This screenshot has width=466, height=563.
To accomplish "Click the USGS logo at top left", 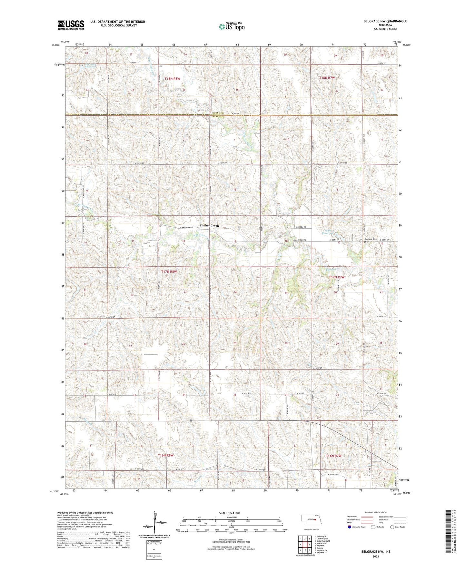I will (71, 25).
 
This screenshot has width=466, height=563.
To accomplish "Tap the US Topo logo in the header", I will (232, 26).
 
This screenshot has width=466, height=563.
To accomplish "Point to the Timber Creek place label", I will (209, 226).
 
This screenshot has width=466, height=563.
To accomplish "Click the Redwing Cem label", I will (371, 239).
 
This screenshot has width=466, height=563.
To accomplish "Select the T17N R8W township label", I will (169, 272).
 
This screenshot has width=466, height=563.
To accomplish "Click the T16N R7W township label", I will (333, 456).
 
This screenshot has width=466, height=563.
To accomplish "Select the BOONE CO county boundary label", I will (218, 114).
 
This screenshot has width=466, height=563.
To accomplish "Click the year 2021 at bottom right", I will (376, 557).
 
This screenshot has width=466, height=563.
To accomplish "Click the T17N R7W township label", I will (337, 277).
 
